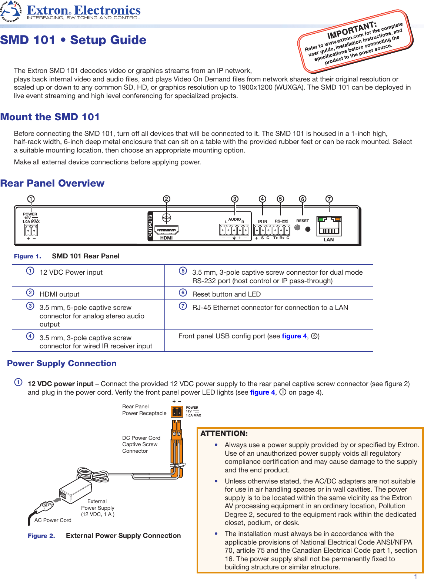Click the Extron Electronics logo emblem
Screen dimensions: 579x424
pos(11,11)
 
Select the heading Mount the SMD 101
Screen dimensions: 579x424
pos(50,117)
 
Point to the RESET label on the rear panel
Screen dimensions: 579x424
pos(303,221)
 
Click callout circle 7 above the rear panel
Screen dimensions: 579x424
pos(329,199)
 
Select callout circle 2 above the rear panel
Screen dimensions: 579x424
pos(167,199)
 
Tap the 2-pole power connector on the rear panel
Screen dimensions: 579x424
pos(31,230)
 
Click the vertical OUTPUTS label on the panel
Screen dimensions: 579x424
pos(150,226)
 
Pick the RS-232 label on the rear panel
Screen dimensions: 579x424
pos(281,221)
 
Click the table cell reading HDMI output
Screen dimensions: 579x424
pos(60,294)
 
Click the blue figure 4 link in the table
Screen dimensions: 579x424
pos(294,336)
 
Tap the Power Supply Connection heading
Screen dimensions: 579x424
pos(62,363)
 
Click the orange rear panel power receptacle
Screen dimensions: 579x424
pos(177,411)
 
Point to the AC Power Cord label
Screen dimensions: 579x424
pos(53,520)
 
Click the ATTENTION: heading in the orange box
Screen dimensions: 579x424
pos(224,434)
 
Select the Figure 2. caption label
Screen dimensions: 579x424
pos(41,536)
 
